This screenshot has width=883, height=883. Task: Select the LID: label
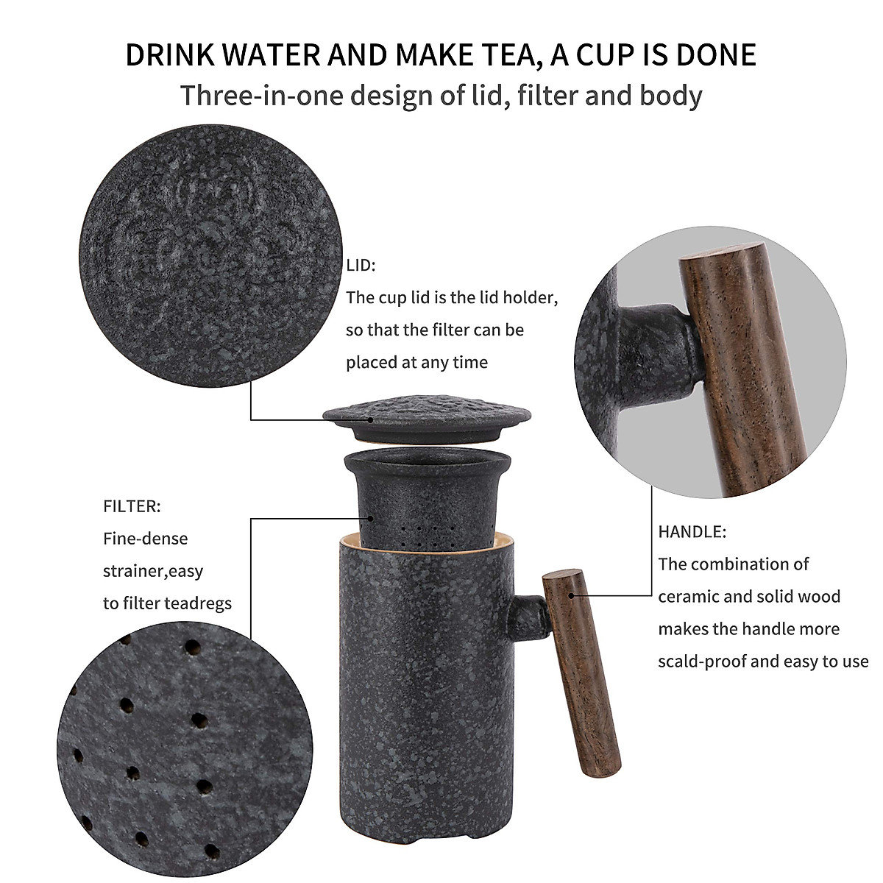(x=361, y=266)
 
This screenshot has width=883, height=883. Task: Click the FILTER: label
(x=132, y=506)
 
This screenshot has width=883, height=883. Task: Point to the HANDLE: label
(x=692, y=531)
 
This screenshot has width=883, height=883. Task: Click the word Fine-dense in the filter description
(x=145, y=539)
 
